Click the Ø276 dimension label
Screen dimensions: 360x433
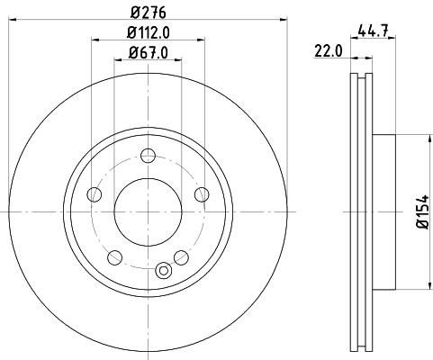coord(147,12)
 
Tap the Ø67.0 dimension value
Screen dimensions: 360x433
coord(147,51)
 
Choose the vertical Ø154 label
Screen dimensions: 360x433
coord(422,212)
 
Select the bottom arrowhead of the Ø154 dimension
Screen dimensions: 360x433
coord(422,286)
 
